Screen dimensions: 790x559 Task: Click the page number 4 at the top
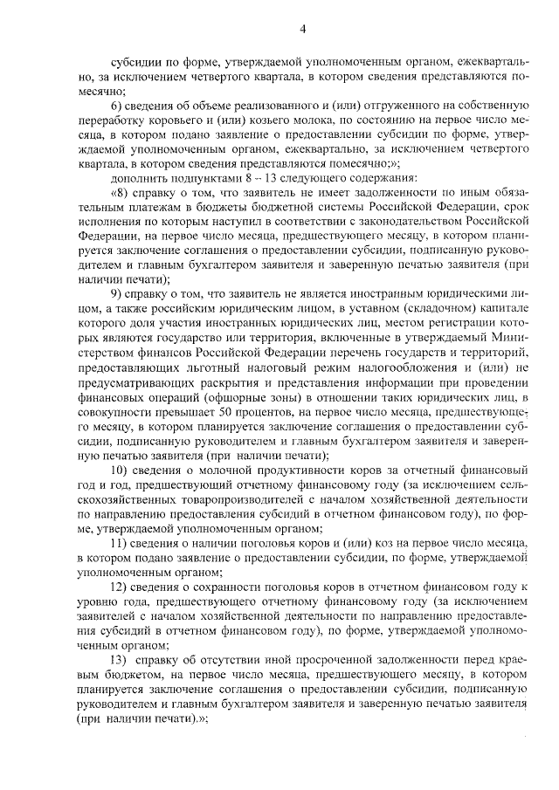click(301, 29)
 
